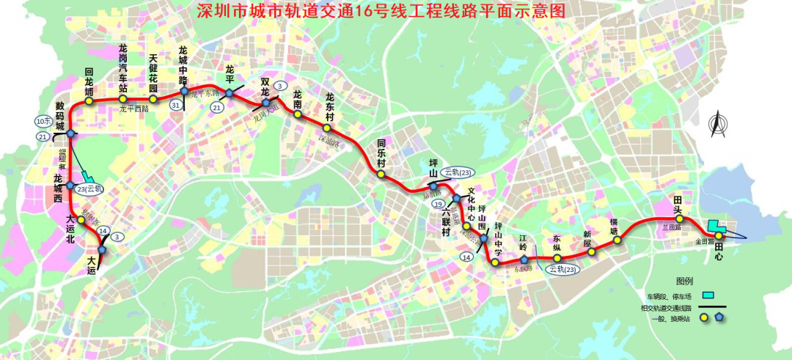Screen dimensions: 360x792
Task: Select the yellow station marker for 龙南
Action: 298,114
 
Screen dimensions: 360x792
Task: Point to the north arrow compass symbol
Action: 717,124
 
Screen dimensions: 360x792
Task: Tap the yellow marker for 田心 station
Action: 720,235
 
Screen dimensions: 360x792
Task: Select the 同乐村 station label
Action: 381,155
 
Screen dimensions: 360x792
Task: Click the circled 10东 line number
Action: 43,121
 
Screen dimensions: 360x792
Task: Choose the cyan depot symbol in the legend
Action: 708,295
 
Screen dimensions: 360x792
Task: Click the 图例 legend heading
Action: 685,281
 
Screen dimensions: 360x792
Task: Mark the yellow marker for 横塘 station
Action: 617,240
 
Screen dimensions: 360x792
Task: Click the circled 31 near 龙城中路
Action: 175,106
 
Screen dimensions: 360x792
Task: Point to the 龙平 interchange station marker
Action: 230,92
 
